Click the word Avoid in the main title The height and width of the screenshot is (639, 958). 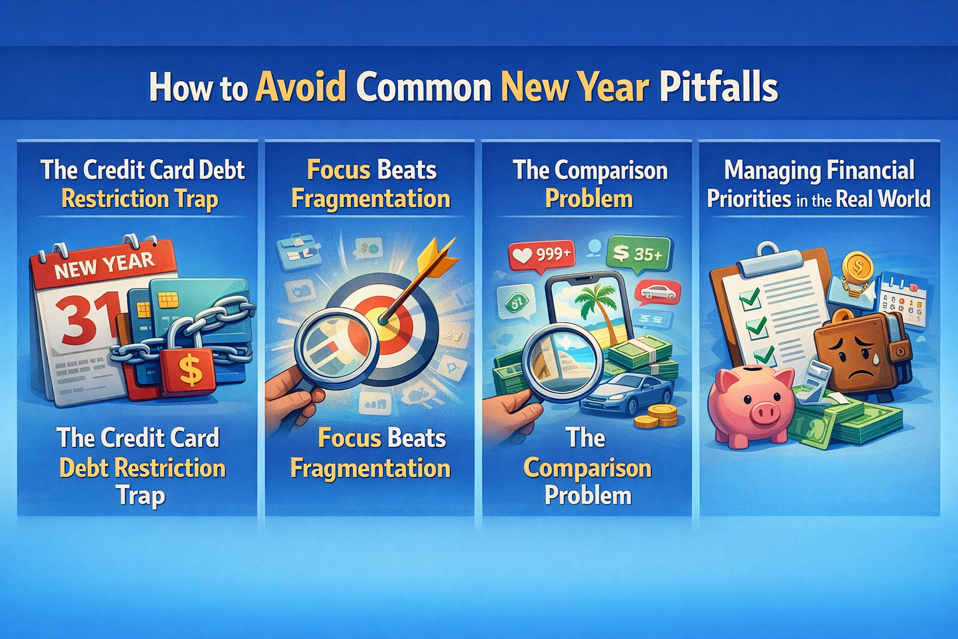301,87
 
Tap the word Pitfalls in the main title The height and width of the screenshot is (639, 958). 718,87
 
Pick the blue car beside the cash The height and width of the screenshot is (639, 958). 627,393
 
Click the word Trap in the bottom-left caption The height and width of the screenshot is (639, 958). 140,496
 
